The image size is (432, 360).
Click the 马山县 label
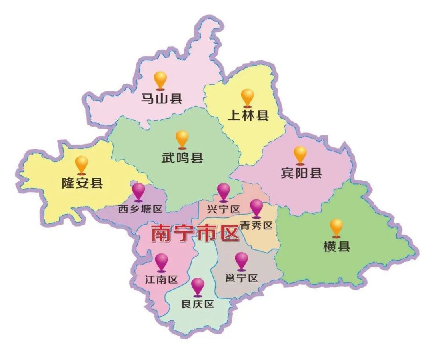pos(162,98)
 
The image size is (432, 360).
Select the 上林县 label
pos(248,115)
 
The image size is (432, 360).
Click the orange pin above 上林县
pos(248,97)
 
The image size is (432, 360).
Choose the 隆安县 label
pos(82,183)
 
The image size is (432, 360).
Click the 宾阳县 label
pos(301,173)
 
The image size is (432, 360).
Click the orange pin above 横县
pos(336,227)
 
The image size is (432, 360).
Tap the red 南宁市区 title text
pos(195,233)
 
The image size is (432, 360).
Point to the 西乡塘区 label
pos(140,209)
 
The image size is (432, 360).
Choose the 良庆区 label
pos(198,304)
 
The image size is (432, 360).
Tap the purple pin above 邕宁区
pos(242,260)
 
